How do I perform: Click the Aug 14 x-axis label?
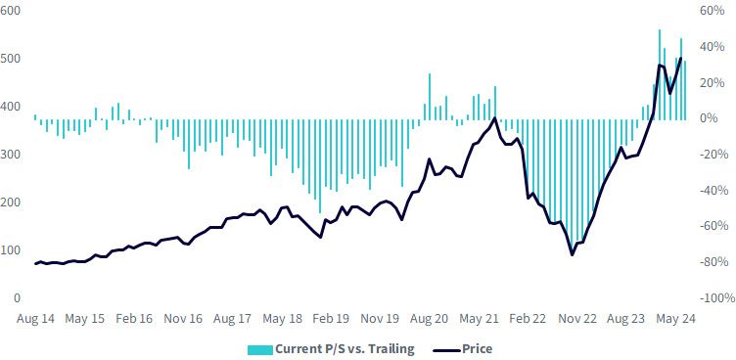coord(35,319)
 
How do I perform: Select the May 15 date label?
coord(84,319)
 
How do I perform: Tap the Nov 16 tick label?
coord(183,319)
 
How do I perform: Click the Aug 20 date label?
coord(429,319)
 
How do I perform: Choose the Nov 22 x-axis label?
coord(576,319)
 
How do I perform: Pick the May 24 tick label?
coord(675,319)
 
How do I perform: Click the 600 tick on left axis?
coord(10,11)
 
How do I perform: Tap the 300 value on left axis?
coord(10,155)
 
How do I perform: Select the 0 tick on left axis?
coord(17,298)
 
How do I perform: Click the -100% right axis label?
coord(715,298)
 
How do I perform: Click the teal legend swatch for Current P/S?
coord(260,349)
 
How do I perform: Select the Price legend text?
coord(478,348)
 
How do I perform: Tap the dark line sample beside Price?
coord(446,349)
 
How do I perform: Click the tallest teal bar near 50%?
coord(660,74)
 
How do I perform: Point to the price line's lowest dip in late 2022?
coord(573,255)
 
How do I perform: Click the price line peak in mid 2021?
coord(494,118)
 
